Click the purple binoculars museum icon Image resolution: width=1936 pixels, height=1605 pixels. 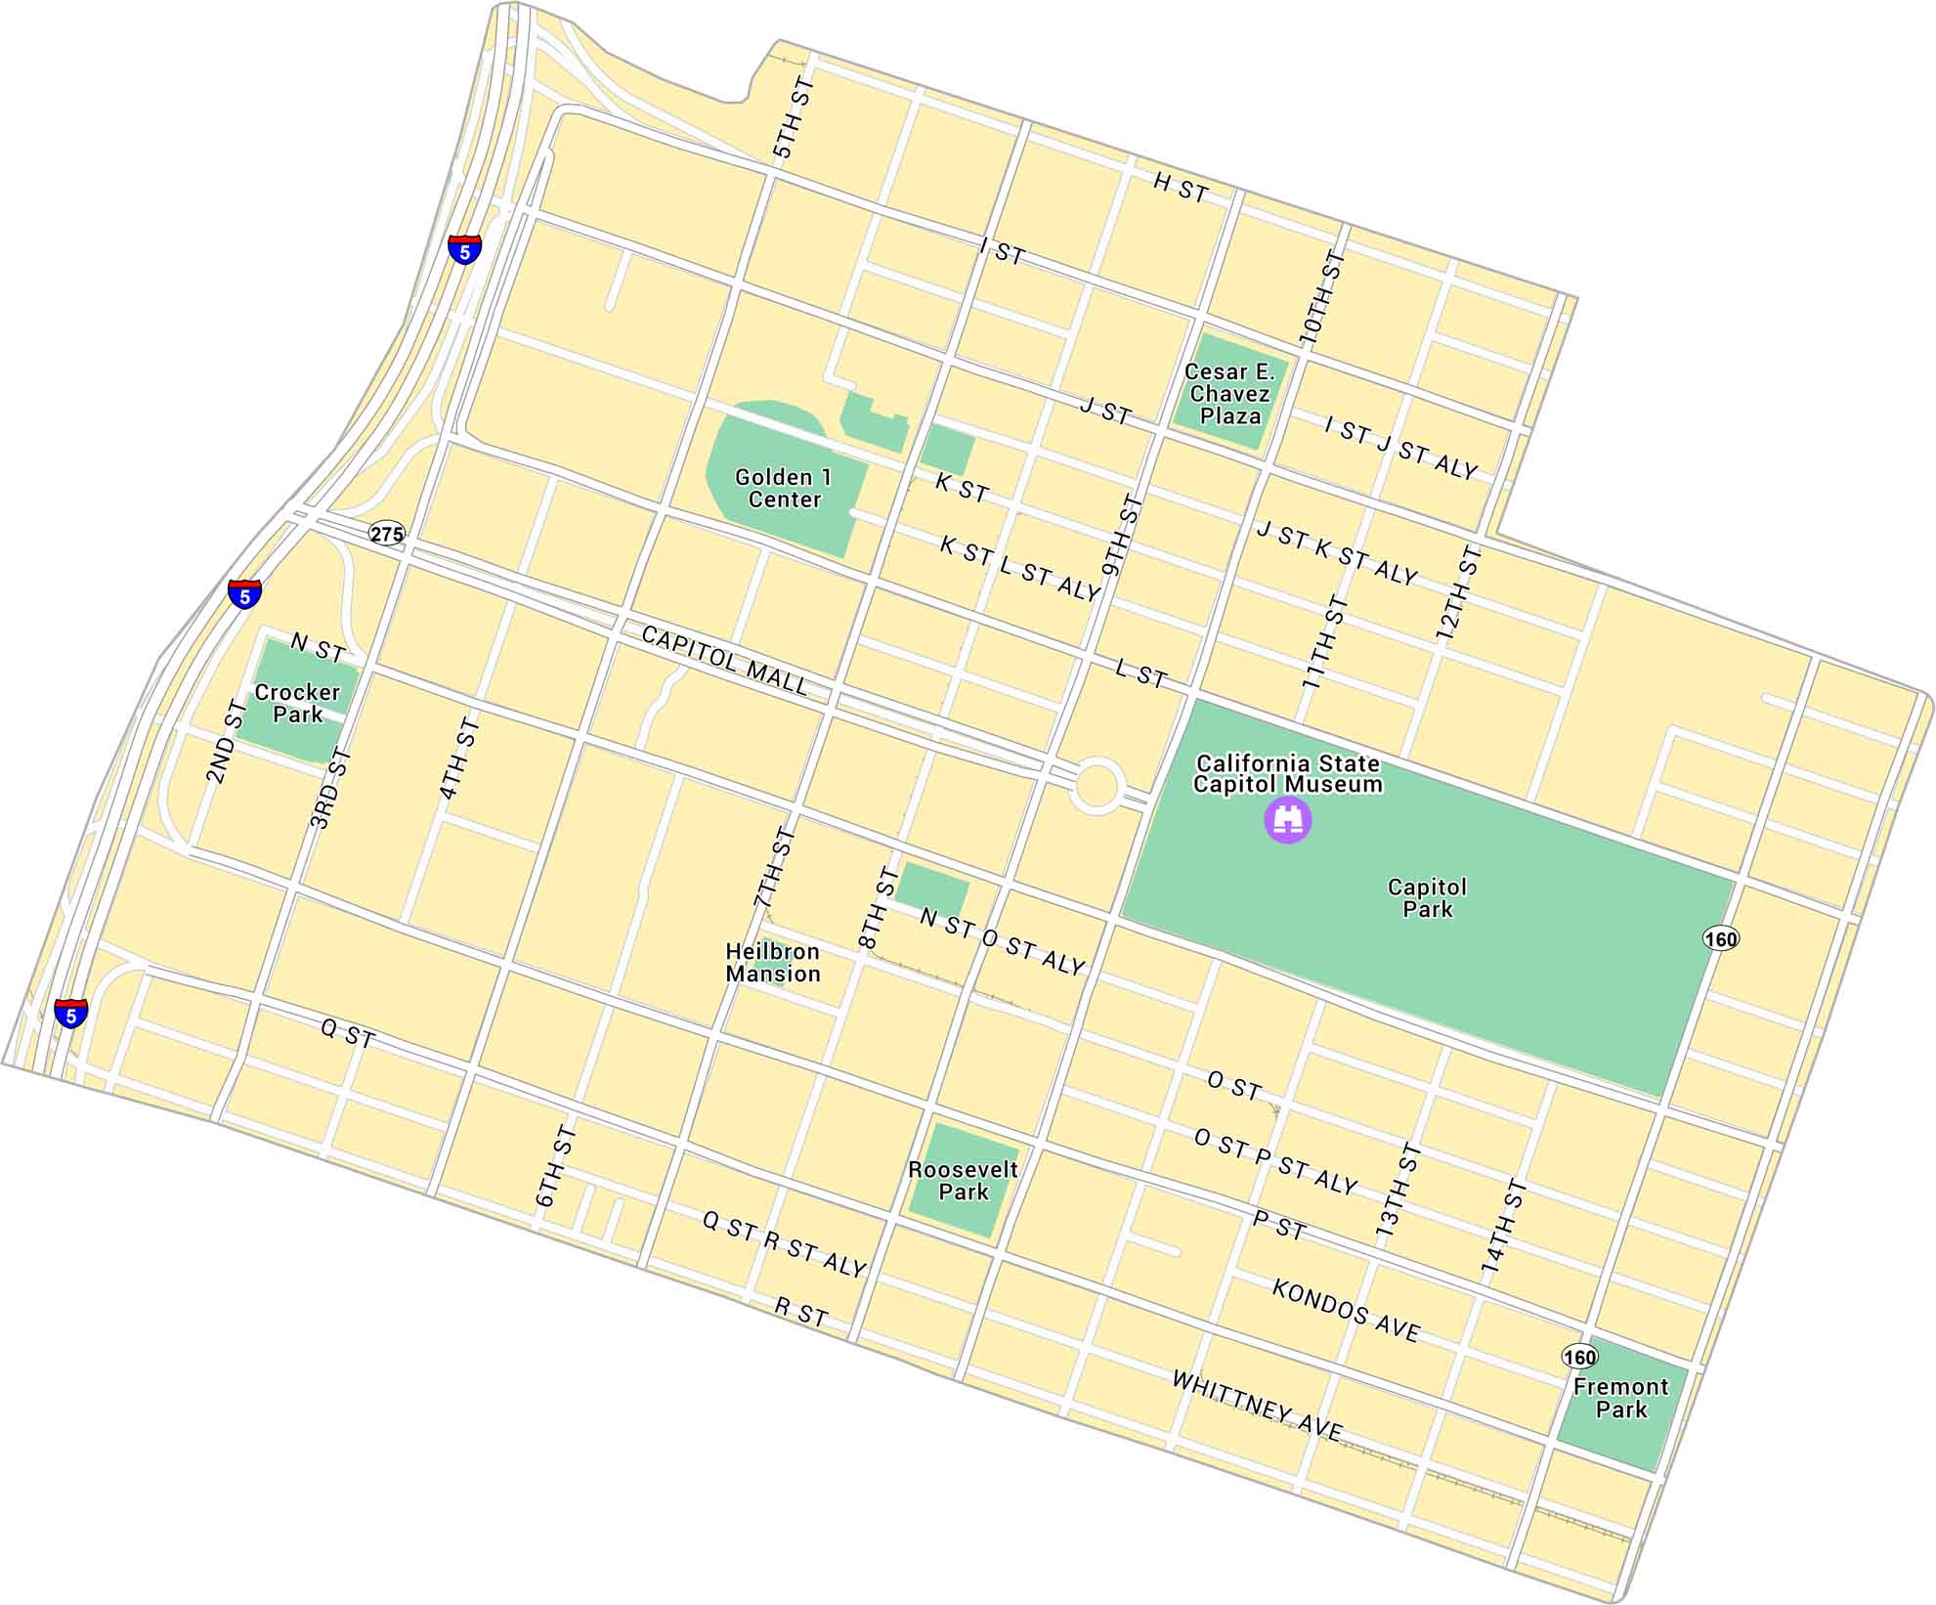coord(1288,819)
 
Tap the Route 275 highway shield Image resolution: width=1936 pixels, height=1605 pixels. coord(387,534)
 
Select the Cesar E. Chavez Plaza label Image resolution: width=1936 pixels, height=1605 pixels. coord(1229,394)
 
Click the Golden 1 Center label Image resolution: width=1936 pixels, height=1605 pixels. coord(784,488)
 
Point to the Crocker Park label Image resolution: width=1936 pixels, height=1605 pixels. coord(297,703)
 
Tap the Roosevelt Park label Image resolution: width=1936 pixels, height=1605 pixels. coord(963,1181)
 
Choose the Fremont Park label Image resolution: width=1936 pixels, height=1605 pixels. coord(1621,1398)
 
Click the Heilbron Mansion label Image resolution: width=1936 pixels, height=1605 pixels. coord(773,962)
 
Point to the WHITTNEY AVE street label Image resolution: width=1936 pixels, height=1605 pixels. coord(1257,1406)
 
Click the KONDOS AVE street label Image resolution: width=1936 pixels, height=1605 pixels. coord(1346,1310)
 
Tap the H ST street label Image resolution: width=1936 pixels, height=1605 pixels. coord(1181,187)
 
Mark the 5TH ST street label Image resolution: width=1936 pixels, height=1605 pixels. coord(794,118)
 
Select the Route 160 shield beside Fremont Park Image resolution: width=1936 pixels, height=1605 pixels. coord(1579,1357)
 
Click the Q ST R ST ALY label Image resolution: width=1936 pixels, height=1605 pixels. coord(784,1244)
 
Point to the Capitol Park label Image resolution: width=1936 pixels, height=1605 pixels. coord(1427,897)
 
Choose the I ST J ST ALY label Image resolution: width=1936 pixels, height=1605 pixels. coord(1400,448)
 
